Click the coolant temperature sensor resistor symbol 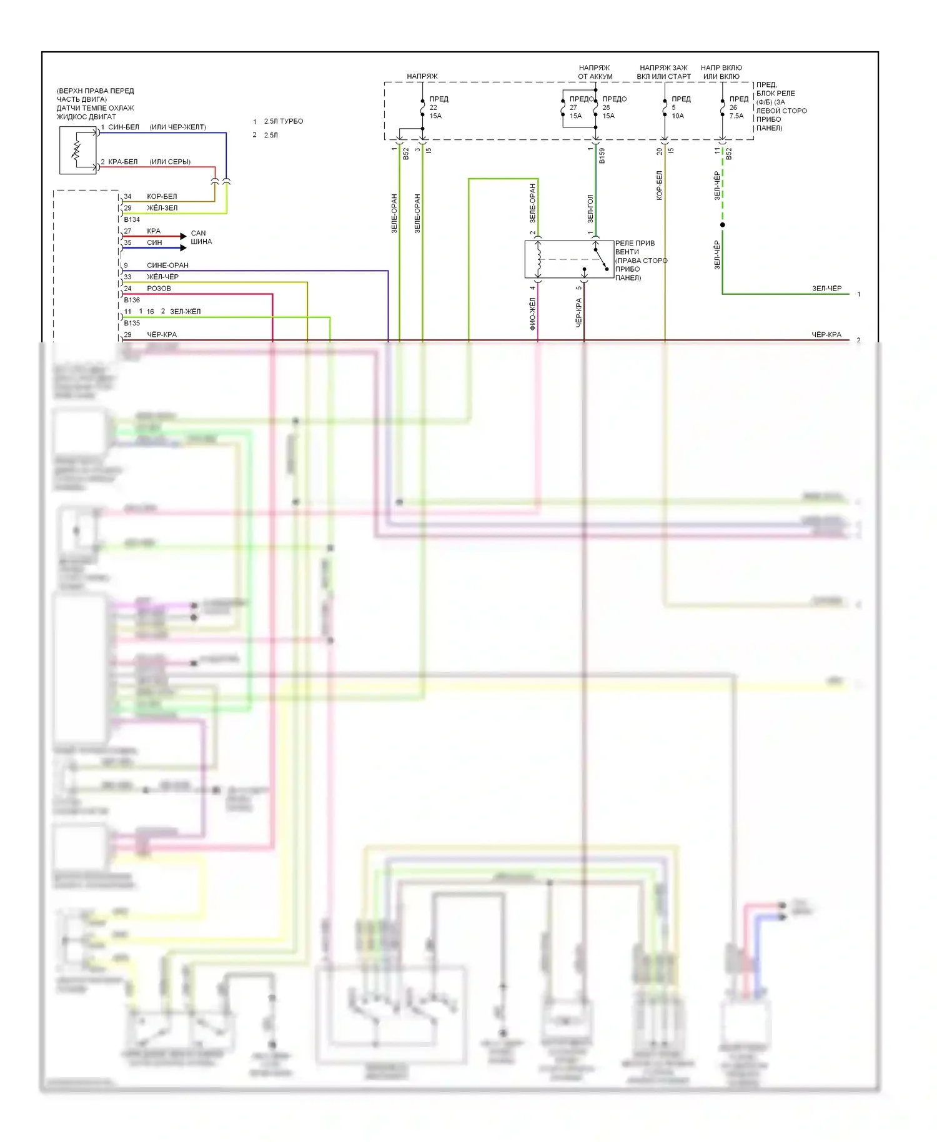(77, 151)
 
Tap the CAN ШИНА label (201, 237)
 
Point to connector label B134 (132, 219)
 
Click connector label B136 (132, 300)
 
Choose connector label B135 (132, 323)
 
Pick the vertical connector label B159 (602, 156)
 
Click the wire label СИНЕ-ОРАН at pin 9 (167, 265)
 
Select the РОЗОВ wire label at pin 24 (159, 288)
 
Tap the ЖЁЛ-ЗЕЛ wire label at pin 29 (162, 207)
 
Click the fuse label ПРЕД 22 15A (438, 107)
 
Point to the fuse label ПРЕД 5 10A (680, 107)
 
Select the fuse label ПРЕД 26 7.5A (738, 107)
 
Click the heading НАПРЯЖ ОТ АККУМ (595, 72)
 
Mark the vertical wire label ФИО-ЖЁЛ (532, 313)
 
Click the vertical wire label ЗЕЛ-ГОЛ (590, 209)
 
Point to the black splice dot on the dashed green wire (723, 225)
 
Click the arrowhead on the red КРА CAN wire (183, 236)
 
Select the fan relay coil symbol (538, 259)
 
